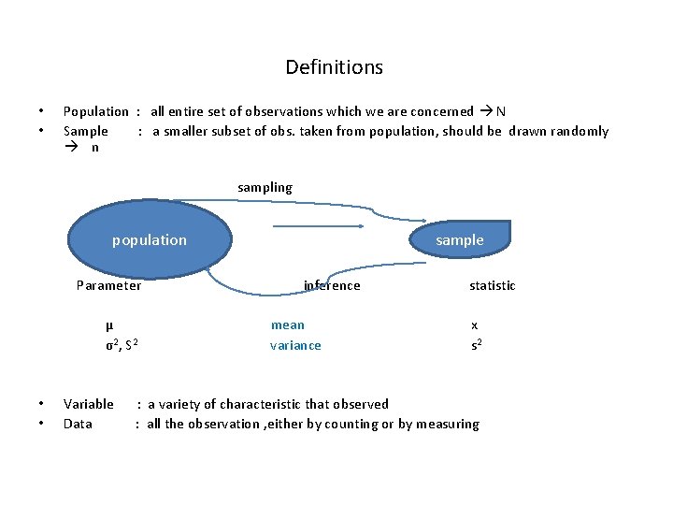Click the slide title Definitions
tap(334, 67)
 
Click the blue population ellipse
tap(150, 240)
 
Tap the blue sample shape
tap(460, 239)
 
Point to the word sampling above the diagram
tap(265, 187)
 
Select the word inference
tap(332, 285)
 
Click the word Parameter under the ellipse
tap(108, 285)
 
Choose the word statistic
tap(492, 285)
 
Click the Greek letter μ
tap(109, 325)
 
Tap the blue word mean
tap(287, 325)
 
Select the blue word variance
tap(295, 345)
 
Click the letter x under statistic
tap(474, 325)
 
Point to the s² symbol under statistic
tap(477, 345)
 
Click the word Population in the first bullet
tap(95, 111)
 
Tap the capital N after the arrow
tap(501, 111)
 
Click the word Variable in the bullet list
tap(88, 404)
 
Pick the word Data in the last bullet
tap(78, 424)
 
